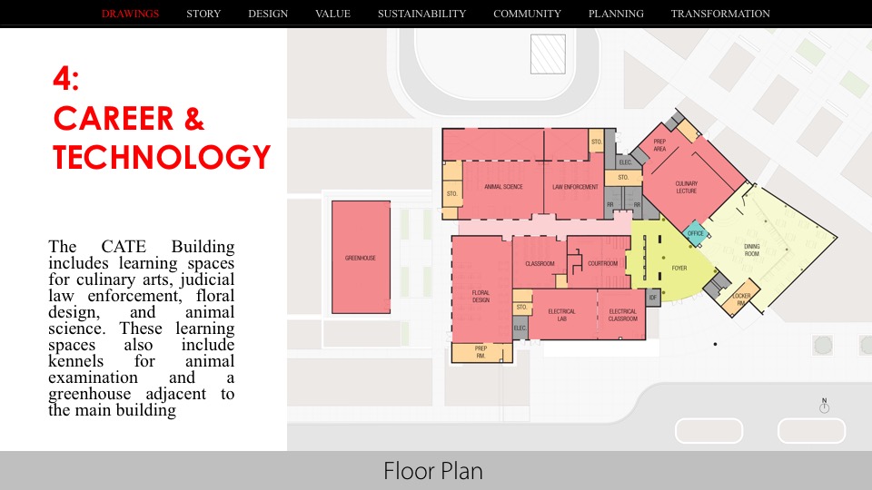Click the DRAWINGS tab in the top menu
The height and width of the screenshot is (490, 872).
130,14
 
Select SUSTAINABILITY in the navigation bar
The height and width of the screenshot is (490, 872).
421,14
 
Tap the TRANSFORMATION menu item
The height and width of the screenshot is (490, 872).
720,14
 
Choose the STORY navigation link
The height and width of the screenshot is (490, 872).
203,14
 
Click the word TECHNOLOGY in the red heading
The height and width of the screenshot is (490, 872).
162,157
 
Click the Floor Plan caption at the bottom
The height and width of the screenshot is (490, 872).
432,471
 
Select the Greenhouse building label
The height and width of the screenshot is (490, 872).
360,258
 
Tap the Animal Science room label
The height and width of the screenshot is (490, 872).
503,187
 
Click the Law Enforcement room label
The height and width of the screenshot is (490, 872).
576,187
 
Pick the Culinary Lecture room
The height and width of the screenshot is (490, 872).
687,187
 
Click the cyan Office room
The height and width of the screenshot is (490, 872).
696,233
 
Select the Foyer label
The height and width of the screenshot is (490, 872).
679,269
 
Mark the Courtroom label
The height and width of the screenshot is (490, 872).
602,263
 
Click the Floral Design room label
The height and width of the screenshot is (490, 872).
481,297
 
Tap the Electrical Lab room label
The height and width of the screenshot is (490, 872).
561,314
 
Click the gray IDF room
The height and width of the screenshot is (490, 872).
652,296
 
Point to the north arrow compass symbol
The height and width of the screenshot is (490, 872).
824,407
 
